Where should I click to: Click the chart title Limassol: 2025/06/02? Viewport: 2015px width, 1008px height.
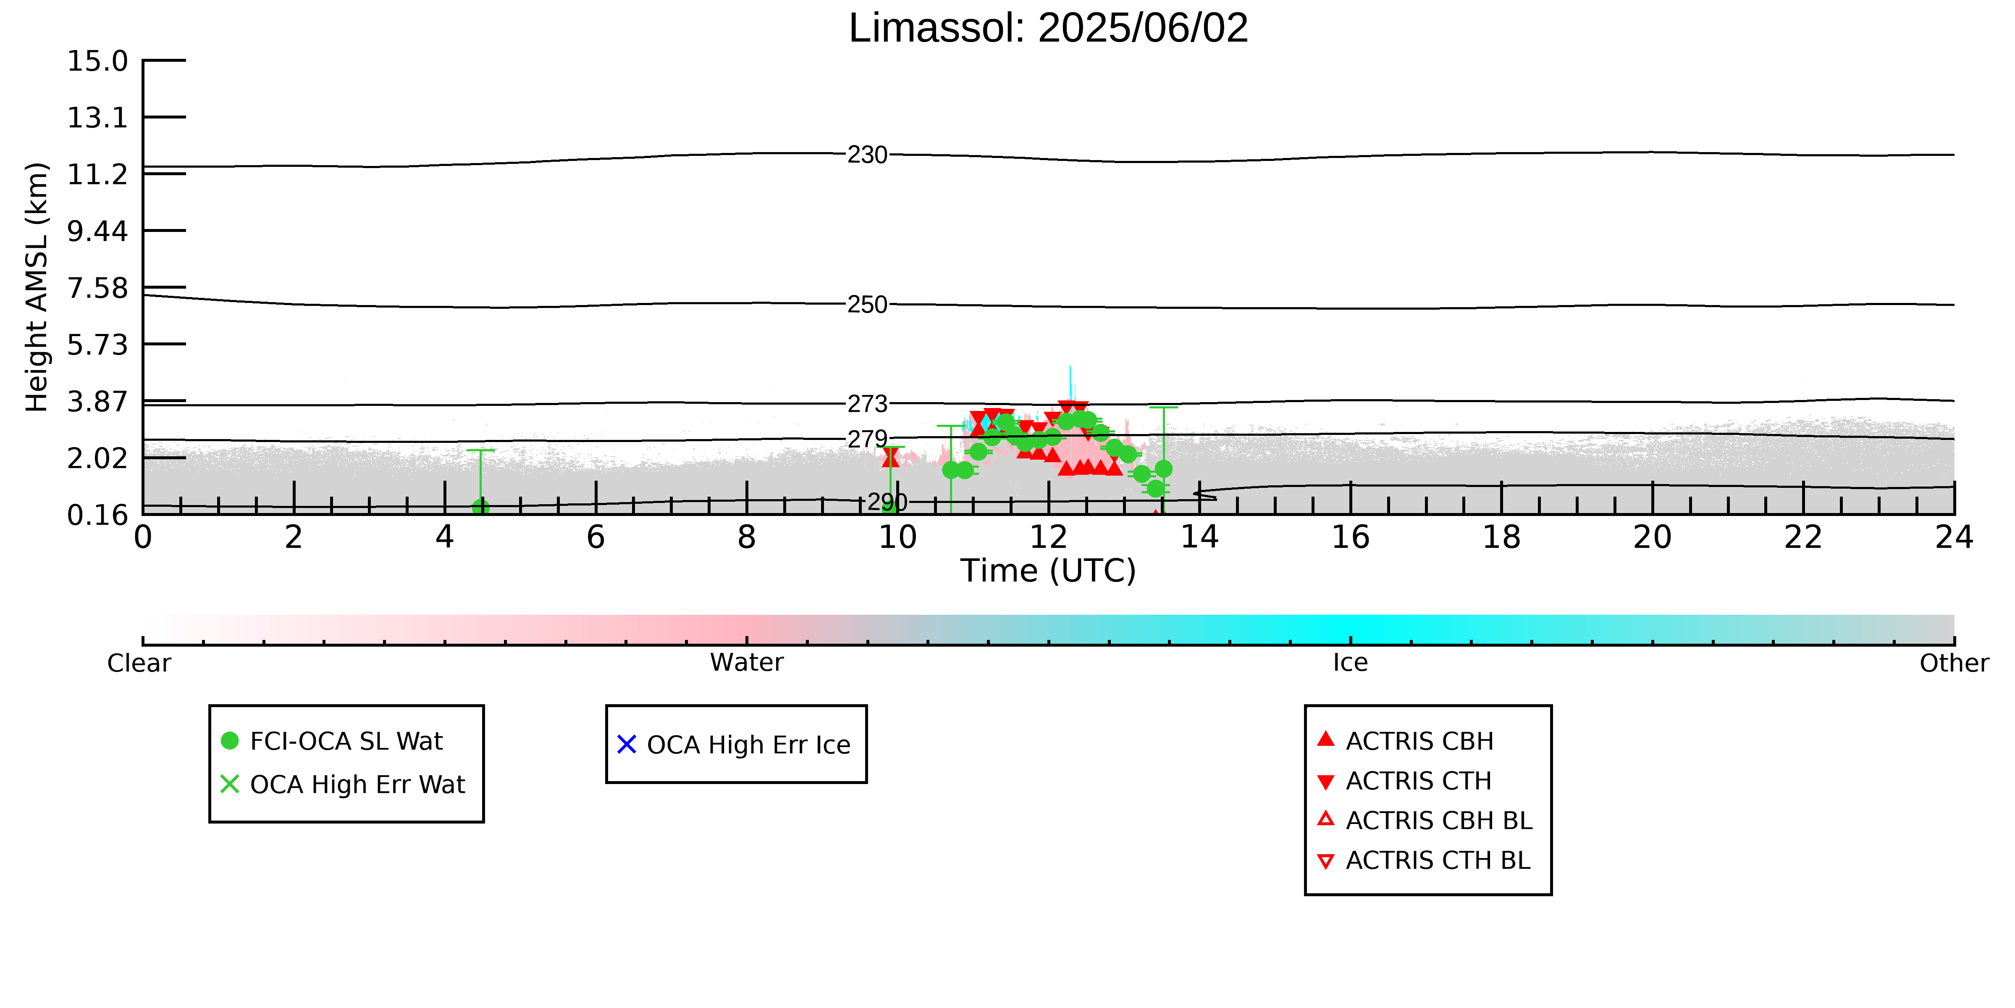(x=1048, y=28)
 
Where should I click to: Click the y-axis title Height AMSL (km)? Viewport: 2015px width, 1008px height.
(x=37, y=287)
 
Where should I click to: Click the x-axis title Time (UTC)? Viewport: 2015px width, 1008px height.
(x=1048, y=571)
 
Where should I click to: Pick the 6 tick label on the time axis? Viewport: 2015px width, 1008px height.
(x=596, y=538)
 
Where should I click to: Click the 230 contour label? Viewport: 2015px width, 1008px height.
(x=868, y=155)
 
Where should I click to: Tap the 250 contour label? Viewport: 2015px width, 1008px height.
(x=868, y=305)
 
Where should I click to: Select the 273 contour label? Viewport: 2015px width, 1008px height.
(x=868, y=404)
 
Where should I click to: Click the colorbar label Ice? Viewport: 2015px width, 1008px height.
(x=1351, y=663)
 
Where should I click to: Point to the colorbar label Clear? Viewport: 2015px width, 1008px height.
(x=139, y=663)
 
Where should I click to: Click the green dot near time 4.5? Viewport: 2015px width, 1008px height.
(x=480, y=507)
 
